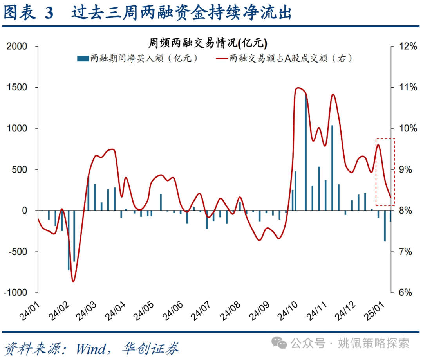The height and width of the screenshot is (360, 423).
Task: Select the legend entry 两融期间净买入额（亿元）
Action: pyautogui.click(x=137, y=59)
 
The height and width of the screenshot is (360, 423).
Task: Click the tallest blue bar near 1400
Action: pyautogui.click(x=306, y=153)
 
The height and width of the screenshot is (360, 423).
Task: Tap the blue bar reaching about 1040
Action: pyautogui.click(x=332, y=168)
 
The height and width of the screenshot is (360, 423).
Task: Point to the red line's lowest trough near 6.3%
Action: pyautogui.click(x=73, y=281)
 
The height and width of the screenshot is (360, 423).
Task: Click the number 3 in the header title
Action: pyautogui.click(x=49, y=13)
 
